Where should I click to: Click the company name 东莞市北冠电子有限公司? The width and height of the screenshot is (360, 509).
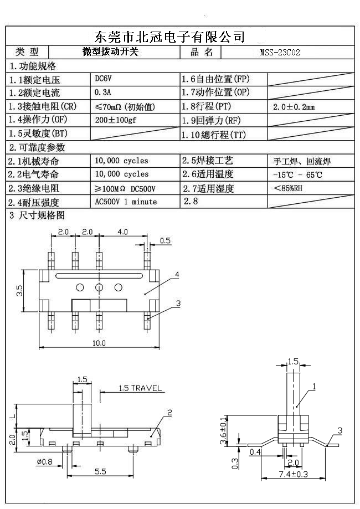[x=170, y=37]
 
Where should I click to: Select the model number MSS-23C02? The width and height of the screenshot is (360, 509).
[x=280, y=53]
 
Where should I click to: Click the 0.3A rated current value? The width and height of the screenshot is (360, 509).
[x=103, y=92]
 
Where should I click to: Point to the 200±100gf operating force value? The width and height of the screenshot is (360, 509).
[x=119, y=120]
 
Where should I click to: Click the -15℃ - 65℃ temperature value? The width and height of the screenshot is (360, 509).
[x=297, y=175]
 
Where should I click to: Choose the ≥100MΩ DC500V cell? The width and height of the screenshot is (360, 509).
[x=125, y=188]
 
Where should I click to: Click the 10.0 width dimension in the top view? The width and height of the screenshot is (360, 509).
[x=99, y=343]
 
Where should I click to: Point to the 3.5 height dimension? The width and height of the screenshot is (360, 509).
[x=19, y=290]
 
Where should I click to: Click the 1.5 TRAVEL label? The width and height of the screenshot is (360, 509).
[x=140, y=388]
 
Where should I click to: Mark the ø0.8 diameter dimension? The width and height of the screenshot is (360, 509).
[x=45, y=462]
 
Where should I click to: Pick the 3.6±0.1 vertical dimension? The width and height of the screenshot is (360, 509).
[x=223, y=431]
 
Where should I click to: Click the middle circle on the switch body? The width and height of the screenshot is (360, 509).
[x=99, y=287]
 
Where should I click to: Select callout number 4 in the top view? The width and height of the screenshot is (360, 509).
[x=177, y=275]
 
